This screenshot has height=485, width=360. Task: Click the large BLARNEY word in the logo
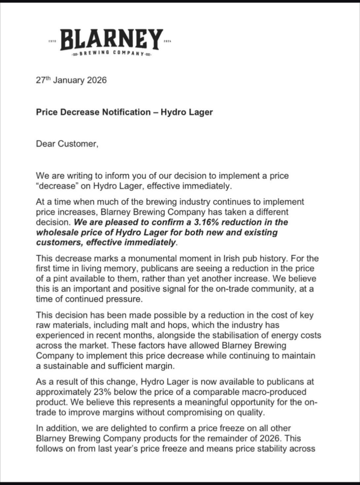click(110, 39)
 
